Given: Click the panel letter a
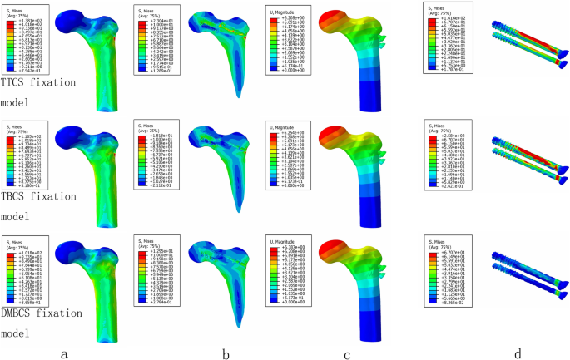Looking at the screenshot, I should click(x=63, y=353).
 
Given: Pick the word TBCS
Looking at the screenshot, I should click(x=18, y=198).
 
